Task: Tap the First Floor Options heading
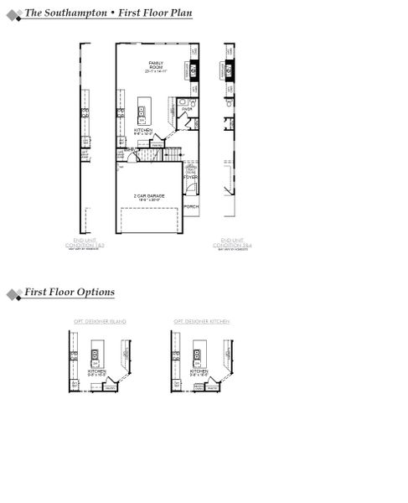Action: [x=70, y=293]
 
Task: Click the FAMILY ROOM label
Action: [x=156, y=65]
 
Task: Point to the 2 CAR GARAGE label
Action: [x=148, y=195]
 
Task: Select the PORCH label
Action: [x=191, y=205]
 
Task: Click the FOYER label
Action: [x=191, y=177]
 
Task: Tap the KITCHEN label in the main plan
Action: [x=143, y=130]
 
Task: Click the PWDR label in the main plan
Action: [x=187, y=108]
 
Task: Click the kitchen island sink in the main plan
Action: [x=142, y=110]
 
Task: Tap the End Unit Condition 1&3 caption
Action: [x=84, y=244]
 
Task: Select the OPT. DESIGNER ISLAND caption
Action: [x=94, y=321]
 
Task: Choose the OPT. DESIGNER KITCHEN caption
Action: [x=201, y=321]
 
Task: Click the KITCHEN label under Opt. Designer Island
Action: [x=97, y=370]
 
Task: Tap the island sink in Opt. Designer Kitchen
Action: [x=199, y=353]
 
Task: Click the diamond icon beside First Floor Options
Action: [x=13, y=294]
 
